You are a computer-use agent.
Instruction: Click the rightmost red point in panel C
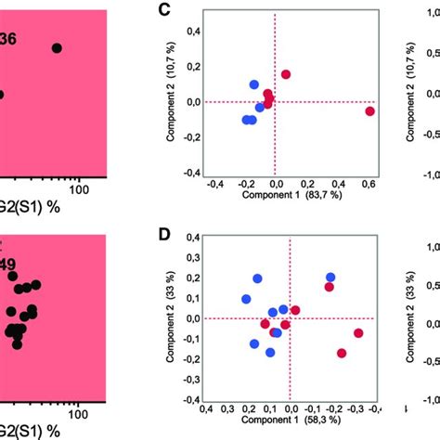tap(369, 111)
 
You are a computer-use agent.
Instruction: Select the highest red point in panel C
tap(286, 74)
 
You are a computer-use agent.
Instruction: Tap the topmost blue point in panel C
tap(254, 84)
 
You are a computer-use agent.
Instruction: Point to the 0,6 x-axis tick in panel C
tap(369, 183)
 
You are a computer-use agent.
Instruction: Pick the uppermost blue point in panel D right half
tap(330, 278)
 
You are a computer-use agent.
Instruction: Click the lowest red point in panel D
tap(342, 353)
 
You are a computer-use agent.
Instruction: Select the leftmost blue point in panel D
tap(246, 299)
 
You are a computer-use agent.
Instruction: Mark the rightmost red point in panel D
tap(358, 333)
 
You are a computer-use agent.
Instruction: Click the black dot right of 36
tap(57, 47)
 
